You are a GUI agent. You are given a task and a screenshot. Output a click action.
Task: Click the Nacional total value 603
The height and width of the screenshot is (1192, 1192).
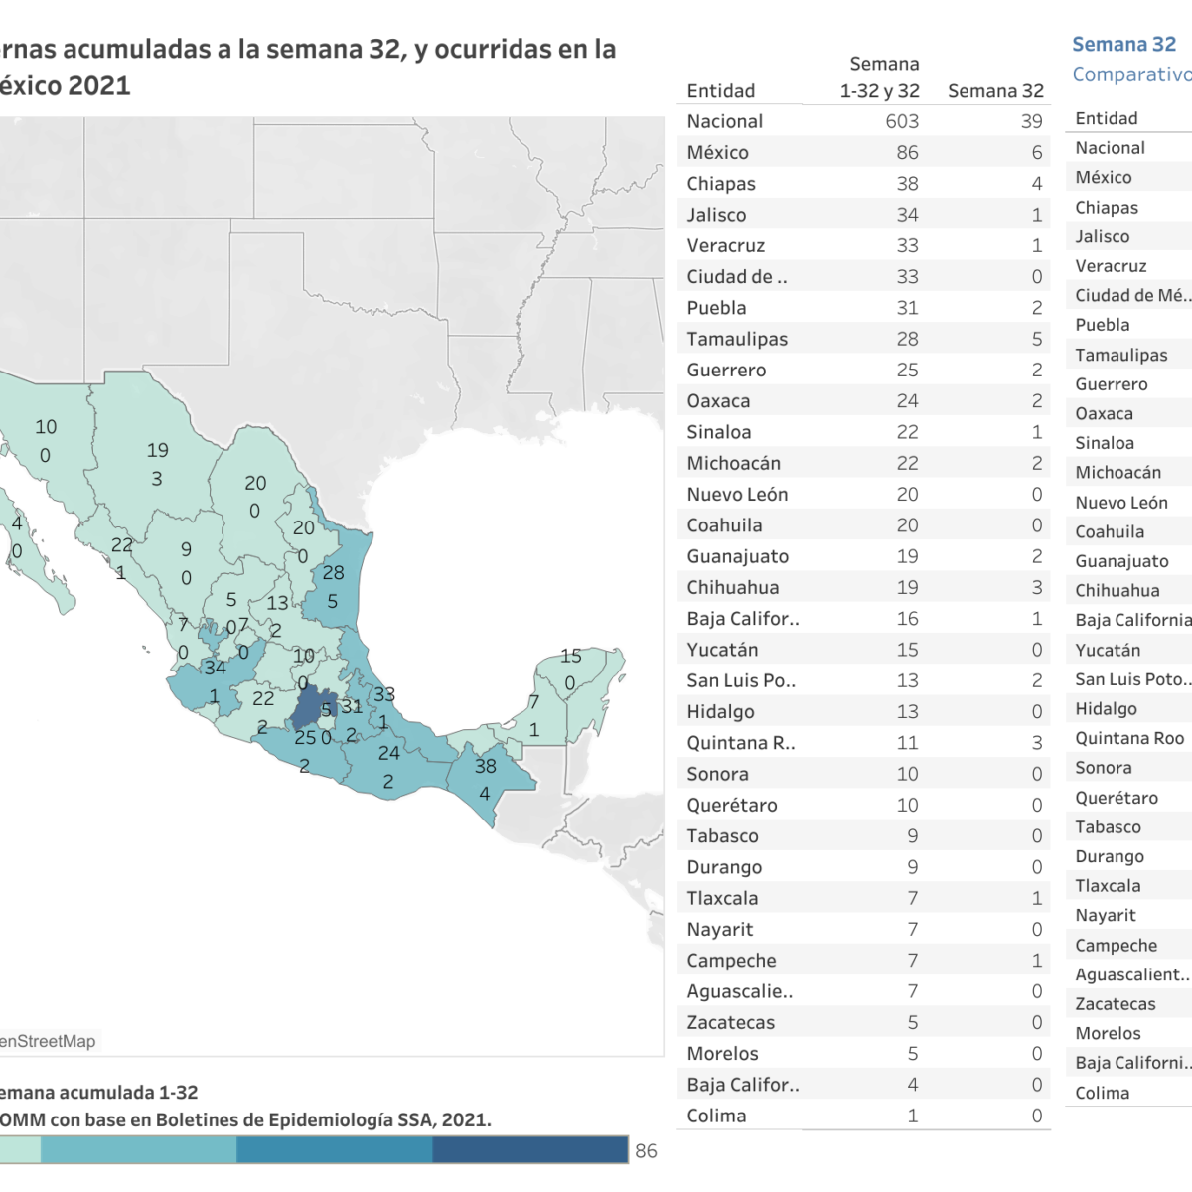(x=901, y=121)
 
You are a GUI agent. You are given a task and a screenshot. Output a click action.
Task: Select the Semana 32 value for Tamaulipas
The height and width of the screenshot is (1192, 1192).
(x=1036, y=339)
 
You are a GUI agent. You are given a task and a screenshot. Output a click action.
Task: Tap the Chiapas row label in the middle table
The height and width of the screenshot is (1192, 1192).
(x=721, y=184)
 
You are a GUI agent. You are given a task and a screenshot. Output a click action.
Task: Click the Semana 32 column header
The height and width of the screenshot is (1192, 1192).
(x=995, y=91)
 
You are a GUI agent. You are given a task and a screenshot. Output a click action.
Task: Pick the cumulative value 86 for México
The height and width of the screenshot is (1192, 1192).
(x=907, y=153)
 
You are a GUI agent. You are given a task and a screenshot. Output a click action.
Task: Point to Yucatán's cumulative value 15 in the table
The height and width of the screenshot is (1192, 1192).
(x=907, y=650)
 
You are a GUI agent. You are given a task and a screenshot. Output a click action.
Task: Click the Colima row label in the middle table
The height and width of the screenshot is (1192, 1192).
(x=716, y=1116)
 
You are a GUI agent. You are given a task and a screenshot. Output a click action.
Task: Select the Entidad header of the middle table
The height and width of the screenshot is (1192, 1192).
(x=721, y=91)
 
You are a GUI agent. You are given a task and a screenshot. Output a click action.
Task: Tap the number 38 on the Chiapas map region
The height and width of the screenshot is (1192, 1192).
(x=485, y=766)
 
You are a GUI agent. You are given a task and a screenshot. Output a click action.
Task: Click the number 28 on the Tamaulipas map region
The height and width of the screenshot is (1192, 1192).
(x=333, y=572)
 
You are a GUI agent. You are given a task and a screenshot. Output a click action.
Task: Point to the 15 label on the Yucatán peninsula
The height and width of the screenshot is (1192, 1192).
(x=570, y=656)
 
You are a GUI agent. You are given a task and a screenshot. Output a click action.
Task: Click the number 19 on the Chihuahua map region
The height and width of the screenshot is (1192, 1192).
(x=157, y=450)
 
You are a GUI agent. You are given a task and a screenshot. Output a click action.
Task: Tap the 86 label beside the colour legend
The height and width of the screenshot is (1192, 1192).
(x=646, y=1150)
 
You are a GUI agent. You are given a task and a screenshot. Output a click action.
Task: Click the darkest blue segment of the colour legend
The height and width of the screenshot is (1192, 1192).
(x=529, y=1149)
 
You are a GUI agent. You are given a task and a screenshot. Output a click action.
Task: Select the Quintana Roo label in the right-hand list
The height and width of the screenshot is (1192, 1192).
(x=1129, y=738)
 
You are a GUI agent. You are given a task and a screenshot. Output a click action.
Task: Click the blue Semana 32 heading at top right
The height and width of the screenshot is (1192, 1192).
(x=1123, y=45)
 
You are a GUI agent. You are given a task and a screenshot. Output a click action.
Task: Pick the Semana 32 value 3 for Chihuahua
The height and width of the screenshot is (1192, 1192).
(x=1036, y=587)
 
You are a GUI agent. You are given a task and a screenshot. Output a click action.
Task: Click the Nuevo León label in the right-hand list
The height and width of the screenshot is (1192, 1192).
(x=1121, y=503)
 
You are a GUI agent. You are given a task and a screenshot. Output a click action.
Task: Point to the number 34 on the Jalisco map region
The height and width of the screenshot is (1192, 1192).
(x=215, y=668)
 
